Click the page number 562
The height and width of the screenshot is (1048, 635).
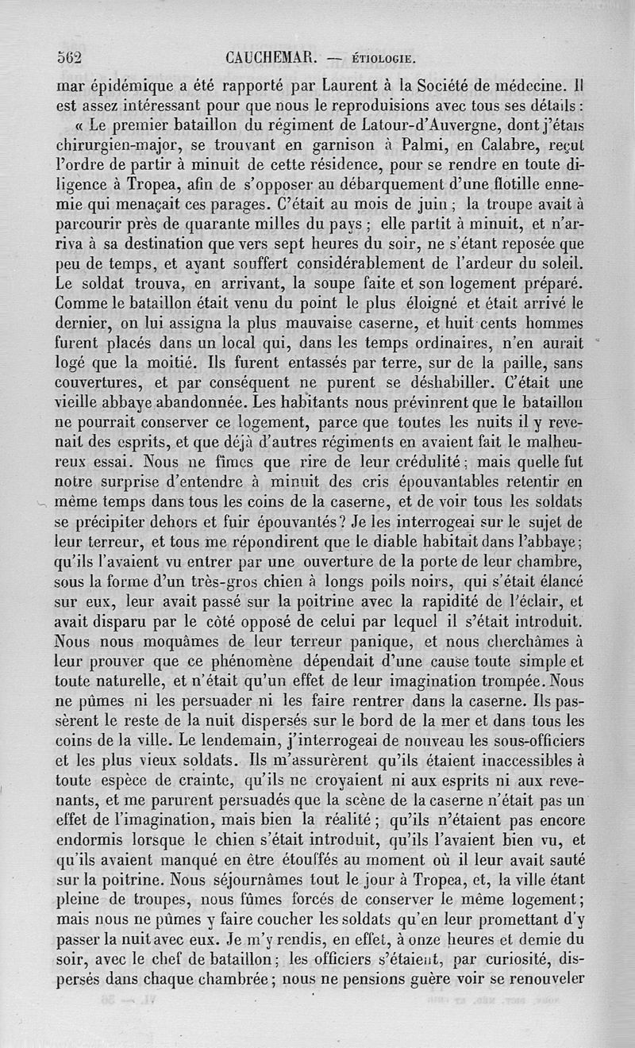(x=71, y=56)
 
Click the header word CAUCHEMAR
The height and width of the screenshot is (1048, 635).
(x=271, y=56)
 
